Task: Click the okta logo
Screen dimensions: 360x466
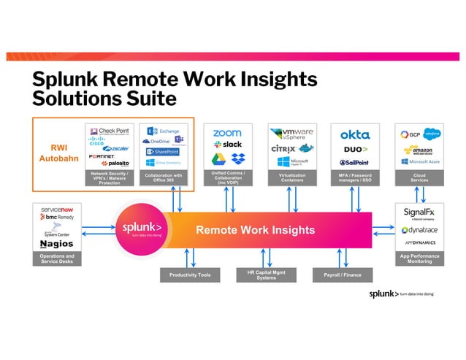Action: [355, 134]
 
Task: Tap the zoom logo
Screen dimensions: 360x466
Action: [226, 133]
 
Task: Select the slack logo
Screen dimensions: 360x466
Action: [229, 145]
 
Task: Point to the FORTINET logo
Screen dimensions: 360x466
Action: [102, 155]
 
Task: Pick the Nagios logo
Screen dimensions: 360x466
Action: [56, 242]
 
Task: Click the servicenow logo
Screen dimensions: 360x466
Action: [56, 209]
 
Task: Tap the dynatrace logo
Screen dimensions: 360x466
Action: [419, 229]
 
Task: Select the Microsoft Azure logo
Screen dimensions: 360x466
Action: [419, 161]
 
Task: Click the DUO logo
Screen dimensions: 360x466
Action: [354, 150]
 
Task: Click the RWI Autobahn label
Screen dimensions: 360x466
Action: [58, 152]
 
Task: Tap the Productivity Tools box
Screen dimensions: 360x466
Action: [190, 275]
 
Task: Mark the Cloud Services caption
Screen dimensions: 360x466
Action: [419, 177]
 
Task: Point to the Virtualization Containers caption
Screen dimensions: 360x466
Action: [291, 177]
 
